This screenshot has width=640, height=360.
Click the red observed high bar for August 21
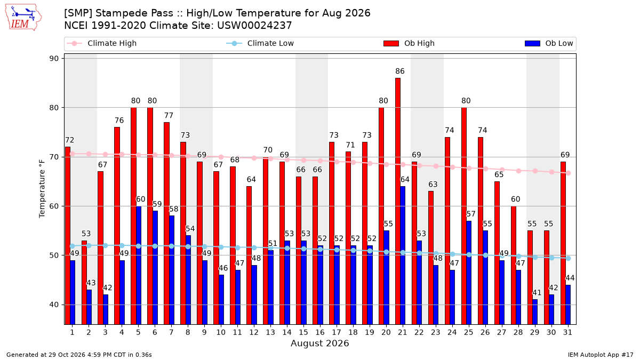click(x=398, y=201)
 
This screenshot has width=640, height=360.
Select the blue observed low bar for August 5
click(x=139, y=265)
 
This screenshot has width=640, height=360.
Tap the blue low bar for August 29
click(x=535, y=311)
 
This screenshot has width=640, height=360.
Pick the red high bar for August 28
click(x=514, y=265)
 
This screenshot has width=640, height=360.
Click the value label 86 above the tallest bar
click(x=400, y=71)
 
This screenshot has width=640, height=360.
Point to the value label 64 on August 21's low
click(x=405, y=179)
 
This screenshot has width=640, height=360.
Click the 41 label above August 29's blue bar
click(x=537, y=293)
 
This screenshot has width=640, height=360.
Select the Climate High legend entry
click(x=101, y=43)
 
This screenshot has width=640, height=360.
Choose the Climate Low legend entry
click(x=260, y=43)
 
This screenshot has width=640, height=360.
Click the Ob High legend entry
click(x=409, y=43)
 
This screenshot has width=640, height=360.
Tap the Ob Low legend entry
click(x=549, y=43)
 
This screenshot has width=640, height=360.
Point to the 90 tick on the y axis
click(x=54, y=59)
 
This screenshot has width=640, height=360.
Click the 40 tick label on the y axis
click(x=54, y=305)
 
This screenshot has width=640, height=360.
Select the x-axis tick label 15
click(x=303, y=332)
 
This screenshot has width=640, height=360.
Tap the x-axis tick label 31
click(x=567, y=332)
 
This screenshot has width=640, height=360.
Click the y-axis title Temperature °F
click(x=42, y=189)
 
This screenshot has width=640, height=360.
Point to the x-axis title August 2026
click(x=319, y=343)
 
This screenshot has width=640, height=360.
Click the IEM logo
click(x=23, y=18)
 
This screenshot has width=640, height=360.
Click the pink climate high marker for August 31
click(x=569, y=173)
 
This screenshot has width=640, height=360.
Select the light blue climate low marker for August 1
click(x=73, y=246)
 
